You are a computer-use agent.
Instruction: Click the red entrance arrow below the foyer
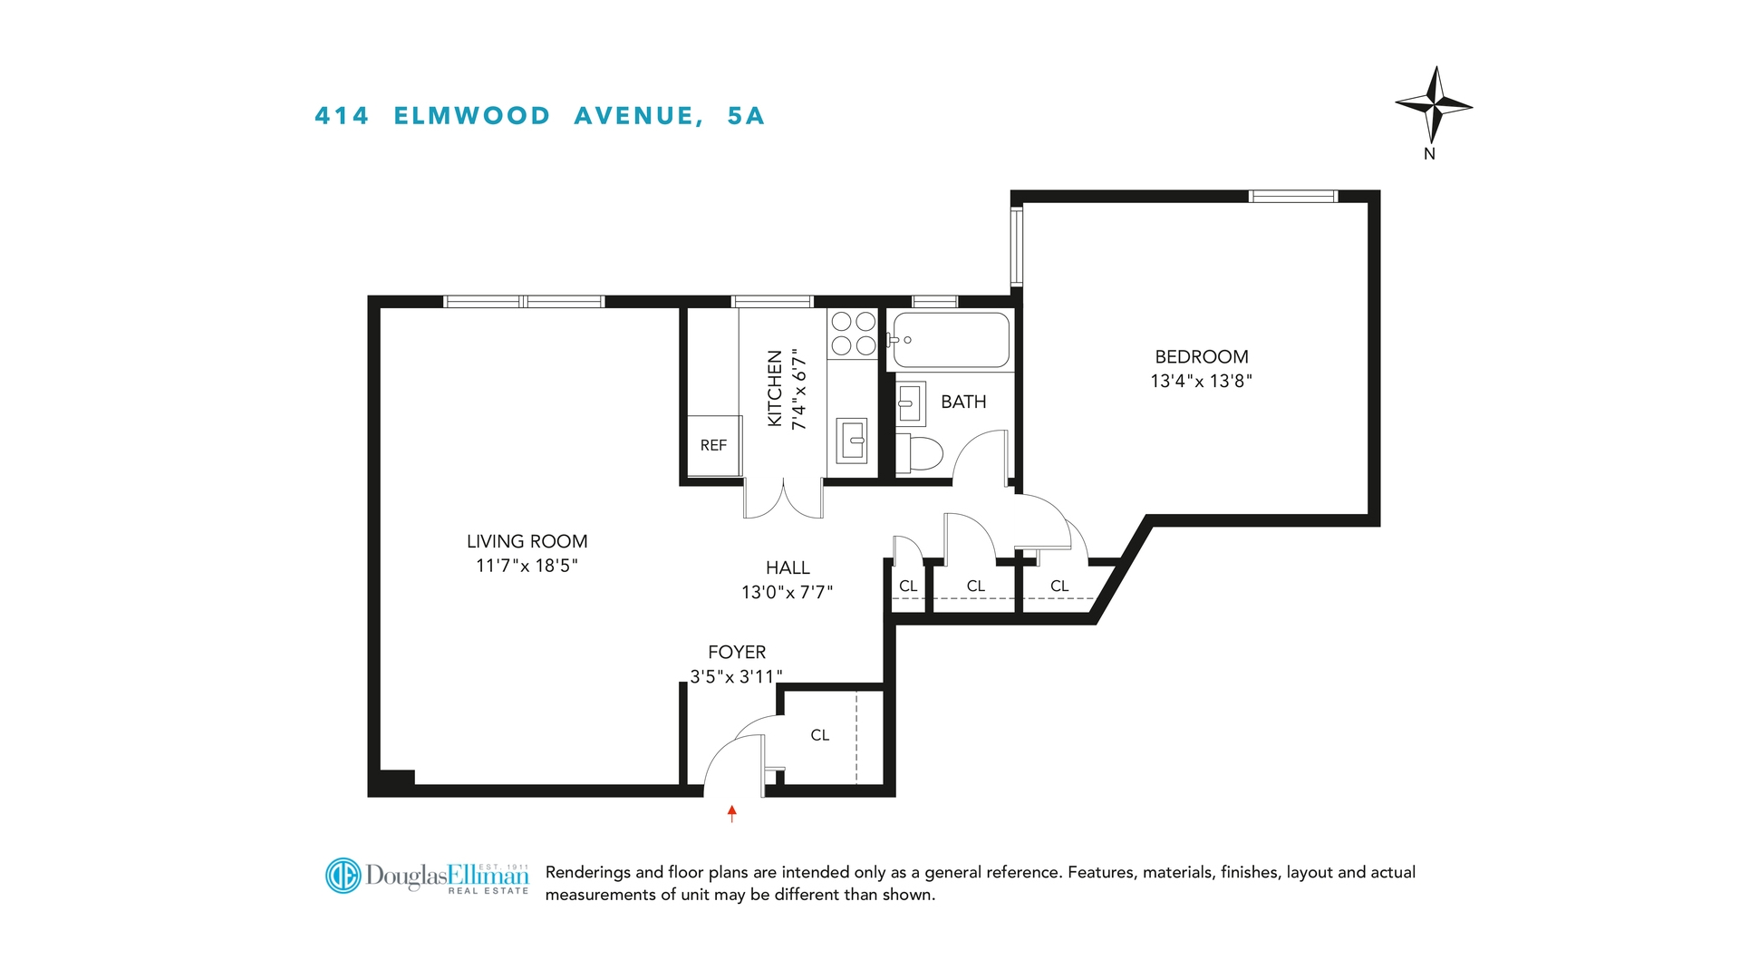pos(732,813)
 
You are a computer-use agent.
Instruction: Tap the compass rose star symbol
pos(1434,105)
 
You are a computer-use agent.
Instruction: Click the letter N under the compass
pos(1429,154)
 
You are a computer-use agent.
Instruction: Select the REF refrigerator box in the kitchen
pos(714,445)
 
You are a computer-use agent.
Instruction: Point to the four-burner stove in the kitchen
pos(853,333)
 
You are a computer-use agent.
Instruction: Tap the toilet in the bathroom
pos(919,452)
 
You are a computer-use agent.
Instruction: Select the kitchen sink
pos(851,441)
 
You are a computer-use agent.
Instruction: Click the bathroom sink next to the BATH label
pos(910,402)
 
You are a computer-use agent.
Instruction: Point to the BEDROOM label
pos(1201,357)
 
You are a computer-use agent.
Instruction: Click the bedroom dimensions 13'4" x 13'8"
pos(1201,382)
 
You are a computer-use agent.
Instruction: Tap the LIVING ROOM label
pos(527,541)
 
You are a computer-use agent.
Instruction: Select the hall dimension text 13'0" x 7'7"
pos(787,592)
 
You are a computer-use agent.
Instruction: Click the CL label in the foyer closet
pos(819,735)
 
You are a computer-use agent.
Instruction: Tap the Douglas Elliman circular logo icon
pos(343,876)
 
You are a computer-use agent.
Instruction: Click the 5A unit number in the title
pos(746,116)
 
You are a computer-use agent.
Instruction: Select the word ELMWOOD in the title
pos(471,116)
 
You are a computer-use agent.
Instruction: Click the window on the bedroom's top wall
pos(1292,197)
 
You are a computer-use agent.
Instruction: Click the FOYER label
pos(737,652)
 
